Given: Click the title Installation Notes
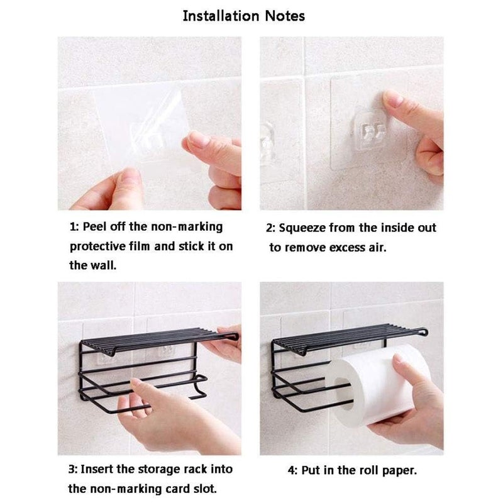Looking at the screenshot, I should pos(243,16).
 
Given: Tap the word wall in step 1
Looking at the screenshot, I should pos(102,265).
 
